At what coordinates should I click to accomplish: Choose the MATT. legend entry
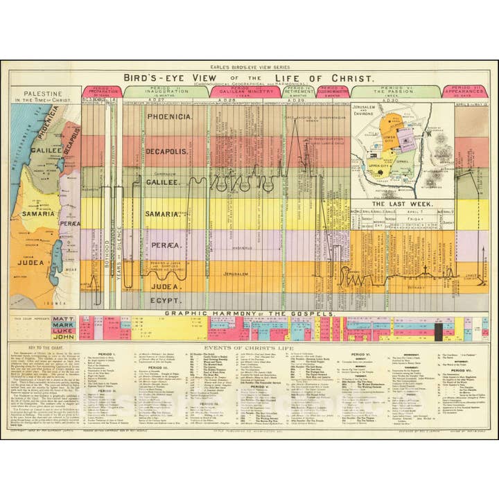coord(64,318)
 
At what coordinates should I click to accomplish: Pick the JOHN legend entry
coord(64,337)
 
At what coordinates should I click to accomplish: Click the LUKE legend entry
coord(64,331)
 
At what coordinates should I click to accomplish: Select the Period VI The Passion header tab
coord(395,91)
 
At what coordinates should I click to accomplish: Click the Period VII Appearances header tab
coord(471,91)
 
